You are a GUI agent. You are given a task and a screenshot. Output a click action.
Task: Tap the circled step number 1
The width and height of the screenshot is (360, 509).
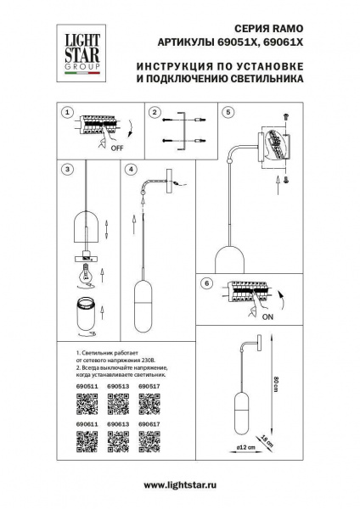pyautogui.click(x=67, y=112)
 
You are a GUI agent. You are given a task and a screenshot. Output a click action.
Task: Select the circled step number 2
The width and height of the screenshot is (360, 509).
pyautogui.click(x=155, y=112)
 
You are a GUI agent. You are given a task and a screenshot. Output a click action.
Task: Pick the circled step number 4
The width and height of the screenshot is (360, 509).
pyautogui.click(x=131, y=169)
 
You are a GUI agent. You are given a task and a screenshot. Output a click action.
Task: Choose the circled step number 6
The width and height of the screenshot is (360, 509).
pyautogui.click(x=205, y=283)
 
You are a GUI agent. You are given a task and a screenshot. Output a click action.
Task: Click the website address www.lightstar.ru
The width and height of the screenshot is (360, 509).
pyautogui.click(x=180, y=484)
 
